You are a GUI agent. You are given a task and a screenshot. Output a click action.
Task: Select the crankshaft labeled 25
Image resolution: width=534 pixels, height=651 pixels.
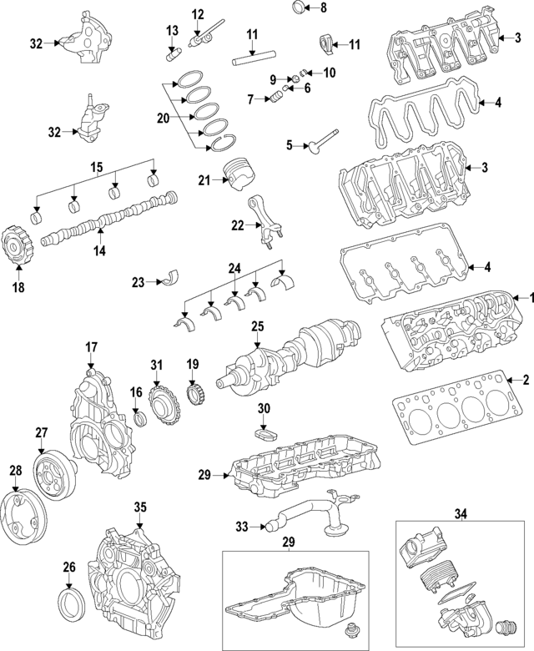tap(292, 357)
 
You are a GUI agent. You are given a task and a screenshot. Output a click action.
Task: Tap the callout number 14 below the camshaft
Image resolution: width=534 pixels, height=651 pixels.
tap(100, 249)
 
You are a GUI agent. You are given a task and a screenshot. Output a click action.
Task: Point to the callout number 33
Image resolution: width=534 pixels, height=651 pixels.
tap(241, 526)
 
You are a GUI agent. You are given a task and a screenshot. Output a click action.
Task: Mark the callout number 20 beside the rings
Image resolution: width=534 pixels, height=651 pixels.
tap(162, 118)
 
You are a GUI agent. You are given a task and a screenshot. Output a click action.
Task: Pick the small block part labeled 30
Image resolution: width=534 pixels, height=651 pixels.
tap(264, 433)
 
